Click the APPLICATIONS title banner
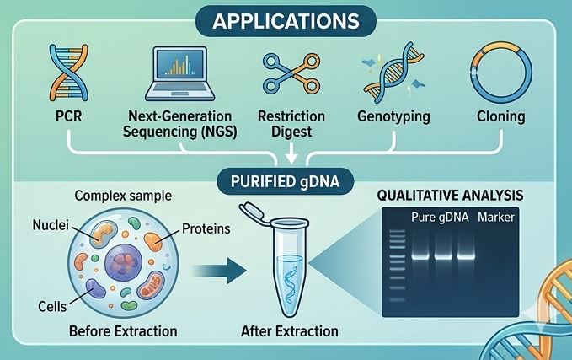[x=286, y=19]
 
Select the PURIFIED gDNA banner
[x=286, y=180]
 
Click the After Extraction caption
[x=289, y=330]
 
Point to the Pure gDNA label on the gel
[x=440, y=218]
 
